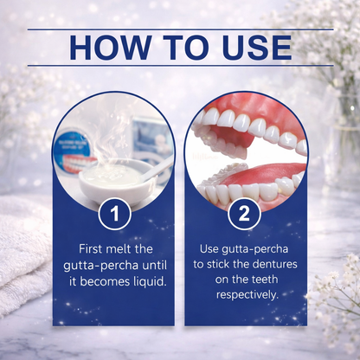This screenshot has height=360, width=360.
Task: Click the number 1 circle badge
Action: (115, 215)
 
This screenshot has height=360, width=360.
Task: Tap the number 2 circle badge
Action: (244, 215)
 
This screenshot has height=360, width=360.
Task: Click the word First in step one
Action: (91, 249)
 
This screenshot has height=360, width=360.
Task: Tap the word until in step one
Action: (155, 266)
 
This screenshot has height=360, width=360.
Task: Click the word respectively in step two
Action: (247, 295)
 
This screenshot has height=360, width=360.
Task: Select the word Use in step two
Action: (209, 248)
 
